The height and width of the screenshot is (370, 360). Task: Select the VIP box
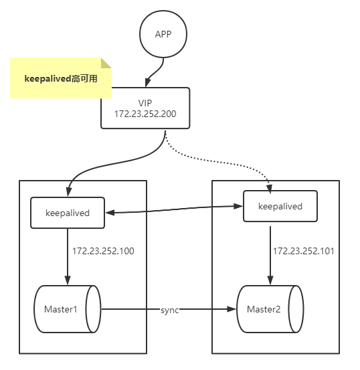pyautogui.click(x=145, y=108)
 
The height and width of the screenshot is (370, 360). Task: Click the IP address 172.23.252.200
pyautogui.click(x=145, y=114)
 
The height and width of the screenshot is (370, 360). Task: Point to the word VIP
pyautogui.click(x=145, y=102)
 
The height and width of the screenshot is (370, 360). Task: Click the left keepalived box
pyautogui.click(x=67, y=213)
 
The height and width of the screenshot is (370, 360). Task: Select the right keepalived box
pyautogui.click(x=280, y=206)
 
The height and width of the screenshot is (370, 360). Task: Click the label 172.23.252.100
pyautogui.click(x=104, y=252)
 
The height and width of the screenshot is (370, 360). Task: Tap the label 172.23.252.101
pyautogui.click(x=303, y=252)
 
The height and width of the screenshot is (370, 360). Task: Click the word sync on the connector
pyautogui.click(x=170, y=310)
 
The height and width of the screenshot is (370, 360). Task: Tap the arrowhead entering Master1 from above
pyautogui.click(x=67, y=280)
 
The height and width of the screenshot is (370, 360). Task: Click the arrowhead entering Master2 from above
pyautogui.click(x=270, y=280)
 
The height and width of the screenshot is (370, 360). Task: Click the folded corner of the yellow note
pyautogui.click(x=106, y=63)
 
